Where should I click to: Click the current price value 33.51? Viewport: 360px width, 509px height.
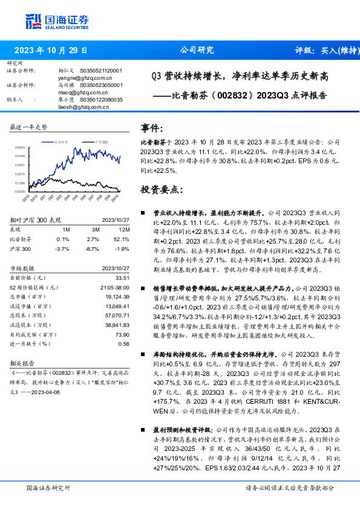point(122,277)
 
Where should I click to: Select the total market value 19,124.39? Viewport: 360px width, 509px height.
point(117,297)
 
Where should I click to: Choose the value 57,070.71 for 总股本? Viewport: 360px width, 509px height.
point(117,316)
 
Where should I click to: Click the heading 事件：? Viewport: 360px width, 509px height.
point(152,129)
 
